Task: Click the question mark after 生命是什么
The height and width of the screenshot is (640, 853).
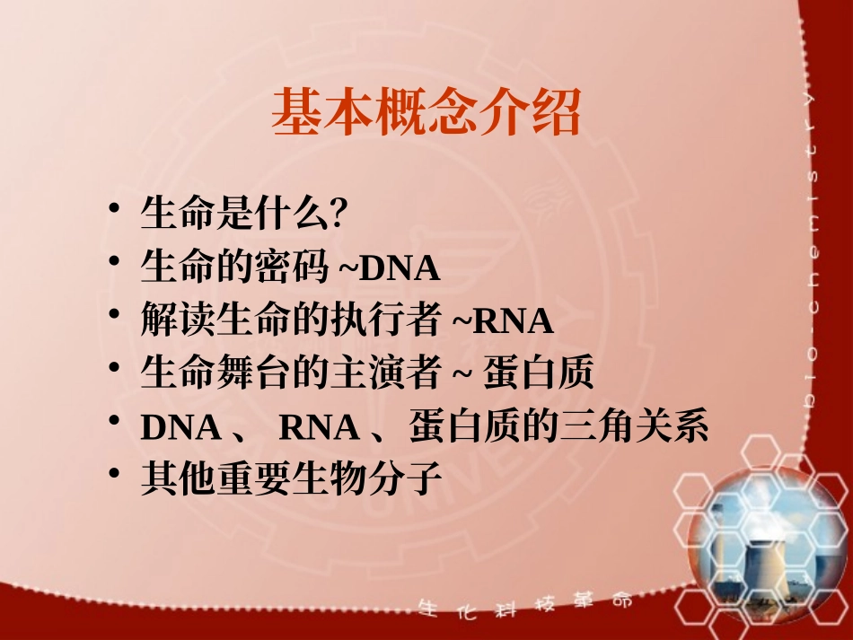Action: tap(339, 215)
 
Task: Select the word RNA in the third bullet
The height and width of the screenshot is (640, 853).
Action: tap(513, 321)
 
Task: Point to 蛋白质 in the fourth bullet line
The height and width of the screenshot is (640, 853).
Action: tap(539, 374)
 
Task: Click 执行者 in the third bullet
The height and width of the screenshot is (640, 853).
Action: tap(405, 321)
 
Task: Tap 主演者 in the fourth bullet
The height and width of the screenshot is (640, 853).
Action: tap(405, 374)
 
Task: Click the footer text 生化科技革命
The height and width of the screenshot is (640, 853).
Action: tap(525, 606)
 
